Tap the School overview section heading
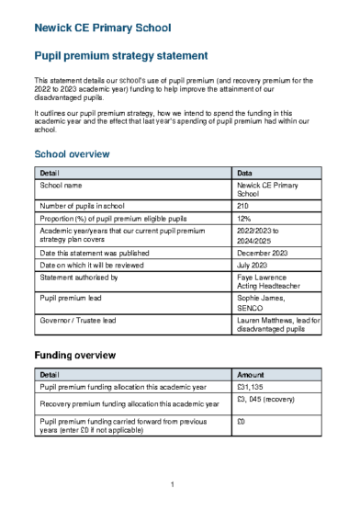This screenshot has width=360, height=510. point(72,153)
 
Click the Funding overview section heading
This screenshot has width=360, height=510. point(74,355)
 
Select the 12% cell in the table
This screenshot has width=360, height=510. point(243,219)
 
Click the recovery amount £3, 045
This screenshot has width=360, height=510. point(265,400)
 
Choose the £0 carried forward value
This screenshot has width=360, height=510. point(242,422)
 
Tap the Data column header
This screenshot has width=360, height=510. point(245,173)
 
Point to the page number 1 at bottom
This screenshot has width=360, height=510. point(173,484)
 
